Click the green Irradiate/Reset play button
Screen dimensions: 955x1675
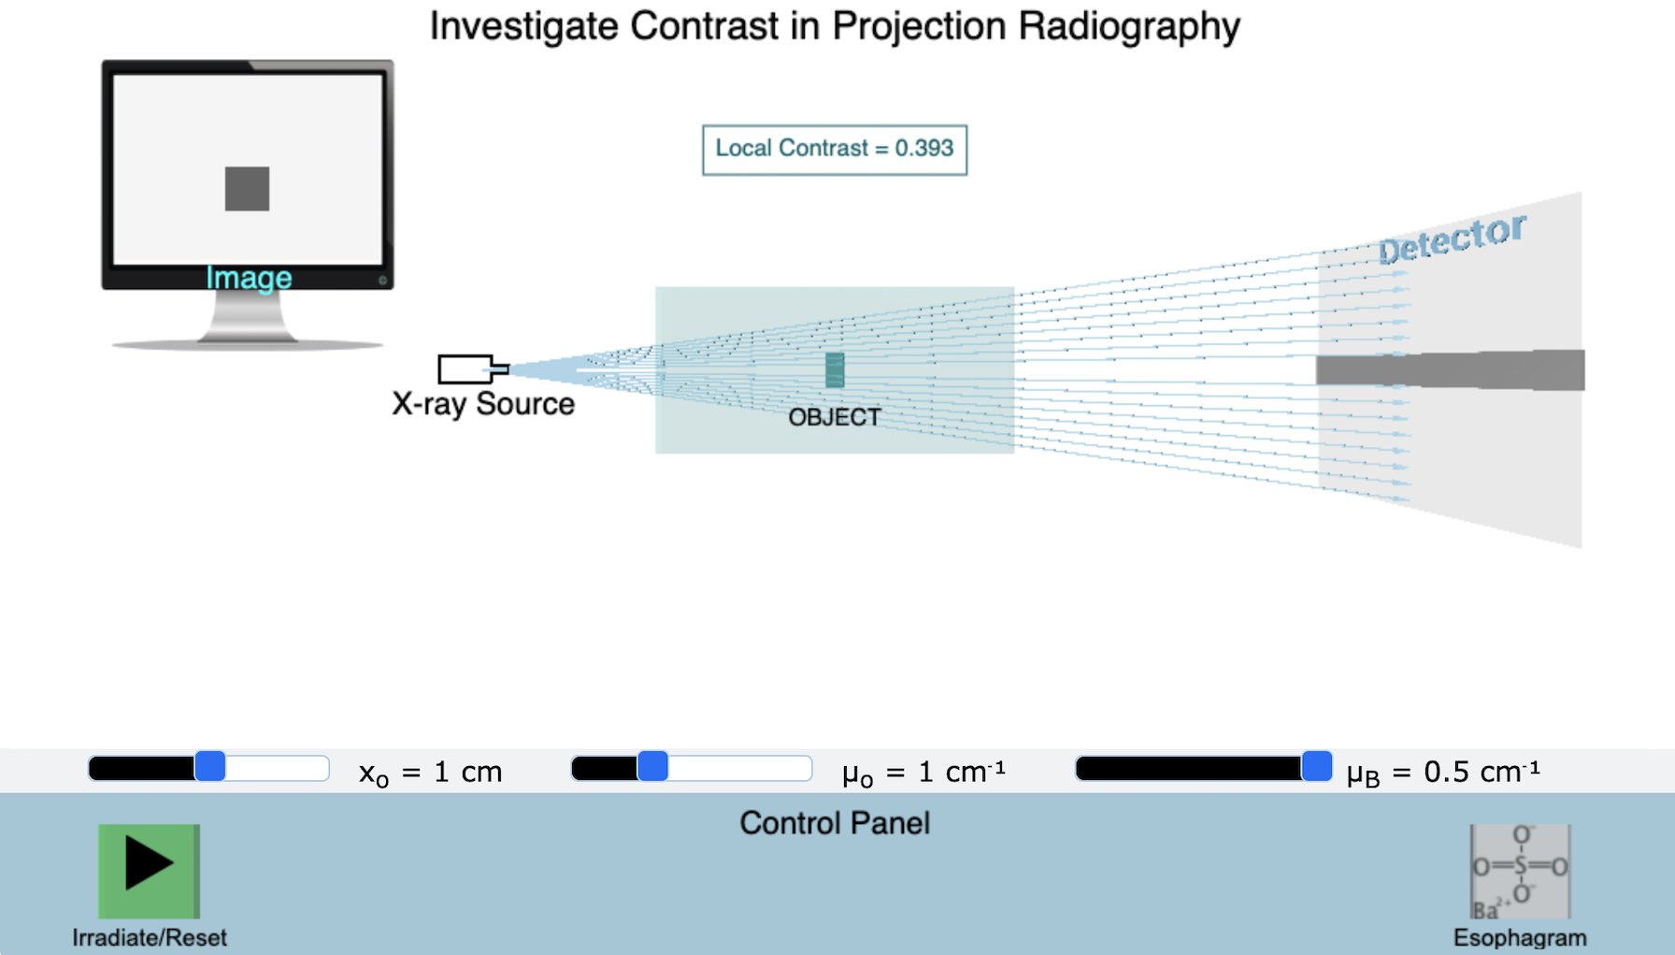coord(149,870)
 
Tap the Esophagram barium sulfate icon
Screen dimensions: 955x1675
coord(1519,871)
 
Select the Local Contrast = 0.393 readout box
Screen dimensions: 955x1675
coord(835,150)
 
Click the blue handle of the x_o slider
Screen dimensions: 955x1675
coord(210,767)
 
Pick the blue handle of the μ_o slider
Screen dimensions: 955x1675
coord(652,767)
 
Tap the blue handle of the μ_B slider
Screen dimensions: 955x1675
coord(1316,767)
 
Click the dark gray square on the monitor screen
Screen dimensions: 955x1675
coord(247,189)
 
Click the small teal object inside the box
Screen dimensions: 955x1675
coord(835,370)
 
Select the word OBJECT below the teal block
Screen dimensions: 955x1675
coord(835,417)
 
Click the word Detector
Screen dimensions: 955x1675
coord(1452,239)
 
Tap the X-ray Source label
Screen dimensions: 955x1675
coord(483,404)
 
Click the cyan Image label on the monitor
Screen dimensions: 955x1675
coord(249,278)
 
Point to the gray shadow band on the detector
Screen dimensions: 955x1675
coord(1450,369)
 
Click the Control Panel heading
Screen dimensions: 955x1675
coord(835,823)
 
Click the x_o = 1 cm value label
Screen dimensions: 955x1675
coord(431,773)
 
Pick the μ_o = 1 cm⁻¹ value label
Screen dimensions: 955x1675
coord(923,773)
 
